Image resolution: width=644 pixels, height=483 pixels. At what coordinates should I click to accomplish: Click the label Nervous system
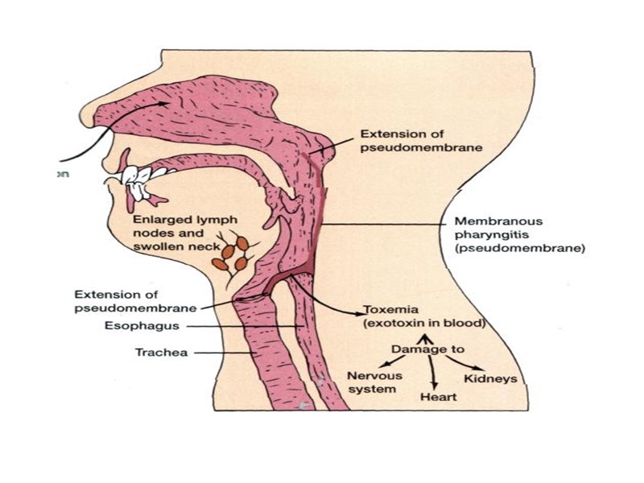click(x=372, y=382)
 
